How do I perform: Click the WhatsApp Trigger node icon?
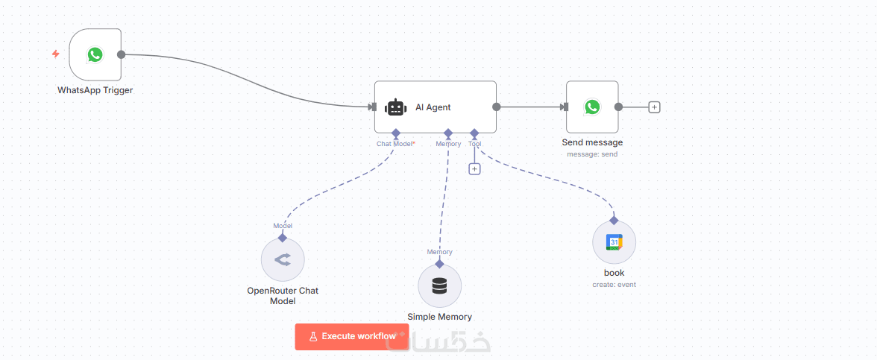click(x=95, y=54)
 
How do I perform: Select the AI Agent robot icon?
click(x=395, y=107)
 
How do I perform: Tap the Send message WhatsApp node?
click(x=591, y=107)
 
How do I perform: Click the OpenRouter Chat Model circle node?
click(x=283, y=260)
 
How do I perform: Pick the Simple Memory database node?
click(x=439, y=285)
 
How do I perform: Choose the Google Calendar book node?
click(x=614, y=242)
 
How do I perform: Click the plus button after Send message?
click(x=654, y=107)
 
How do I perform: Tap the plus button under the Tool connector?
click(x=474, y=168)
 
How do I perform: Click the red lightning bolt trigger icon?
click(x=55, y=54)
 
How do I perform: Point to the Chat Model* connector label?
click(x=396, y=144)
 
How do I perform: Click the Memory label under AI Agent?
click(x=448, y=144)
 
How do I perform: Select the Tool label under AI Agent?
click(x=475, y=144)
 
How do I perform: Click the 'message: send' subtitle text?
click(x=592, y=154)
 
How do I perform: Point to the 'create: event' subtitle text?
click(x=614, y=285)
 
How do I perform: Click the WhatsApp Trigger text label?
click(x=95, y=90)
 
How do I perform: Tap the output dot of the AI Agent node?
click(x=496, y=107)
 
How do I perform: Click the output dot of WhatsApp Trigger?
click(x=121, y=54)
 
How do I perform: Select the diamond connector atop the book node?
click(x=614, y=220)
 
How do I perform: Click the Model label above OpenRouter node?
click(x=283, y=226)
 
